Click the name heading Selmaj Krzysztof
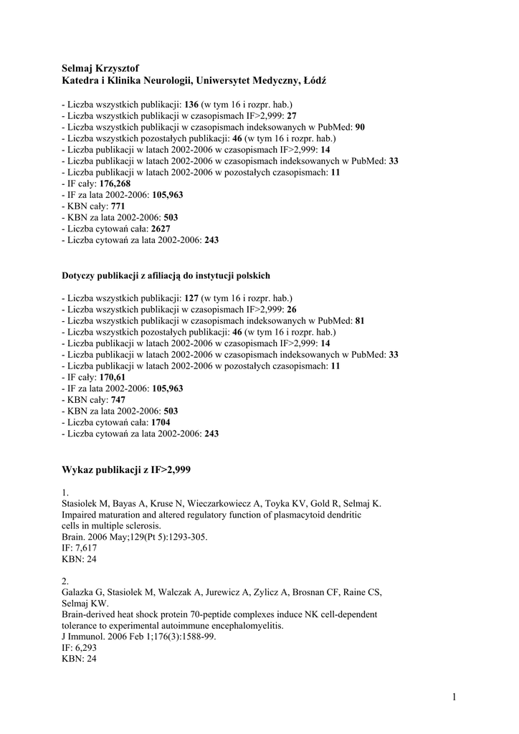point(100,67)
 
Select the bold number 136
point(191,105)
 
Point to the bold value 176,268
point(115,184)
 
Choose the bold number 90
point(360,127)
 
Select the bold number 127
point(191,298)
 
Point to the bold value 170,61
point(112,377)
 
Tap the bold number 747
point(118,400)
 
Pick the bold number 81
point(360,320)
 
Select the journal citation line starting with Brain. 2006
point(135,537)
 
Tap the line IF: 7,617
point(80,548)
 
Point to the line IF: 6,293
point(80,648)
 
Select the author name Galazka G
point(83,591)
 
